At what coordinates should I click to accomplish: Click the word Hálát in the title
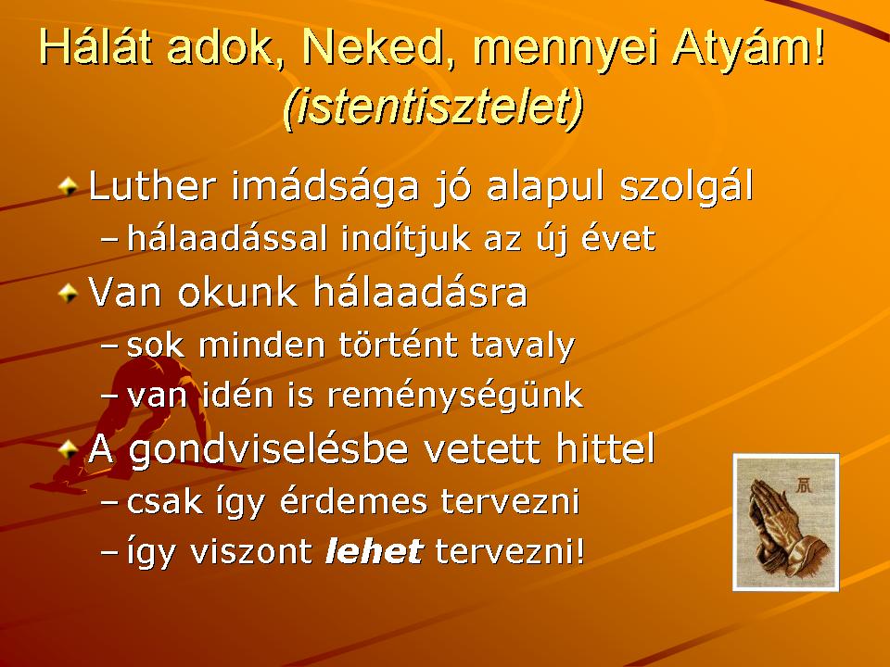tap(95, 46)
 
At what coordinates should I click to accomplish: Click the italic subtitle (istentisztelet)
tap(433, 106)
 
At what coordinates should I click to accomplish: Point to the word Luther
tap(153, 185)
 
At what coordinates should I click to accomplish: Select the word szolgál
tap(686, 187)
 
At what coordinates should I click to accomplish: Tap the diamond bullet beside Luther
tap(68, 185)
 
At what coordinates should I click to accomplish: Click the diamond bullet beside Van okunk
tap(68, 293)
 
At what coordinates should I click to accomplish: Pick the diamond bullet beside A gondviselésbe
tap(68, 450)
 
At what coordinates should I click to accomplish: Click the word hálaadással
tap(227, 238)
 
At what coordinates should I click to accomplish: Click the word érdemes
tap(353, 501)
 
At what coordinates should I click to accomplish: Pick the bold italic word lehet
tap(374, 550)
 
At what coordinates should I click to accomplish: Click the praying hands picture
tap(785, 522)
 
